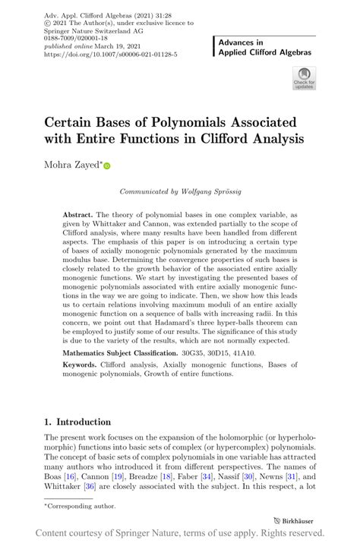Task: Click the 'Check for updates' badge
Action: click(304, 78)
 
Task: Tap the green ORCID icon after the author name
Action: click(107, 166)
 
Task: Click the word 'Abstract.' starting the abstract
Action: click(78, 216)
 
